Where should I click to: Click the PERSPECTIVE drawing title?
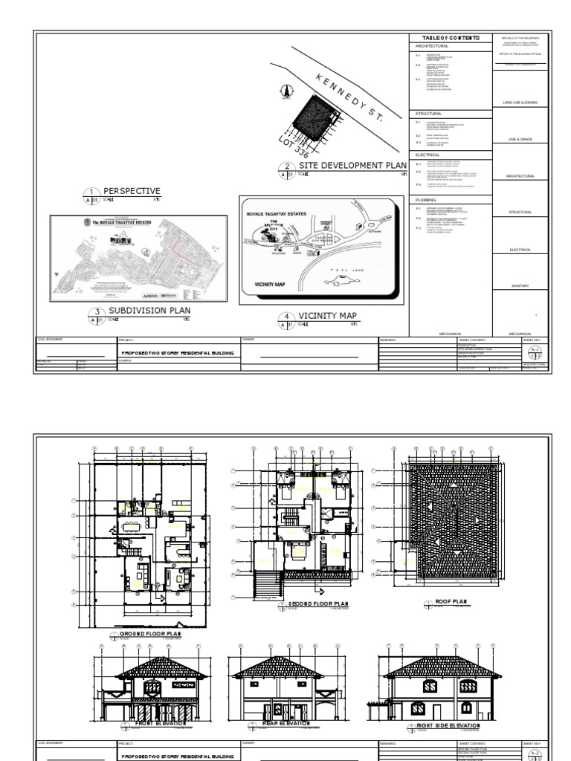[132, 191]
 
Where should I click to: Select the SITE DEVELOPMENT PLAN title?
[352, 166]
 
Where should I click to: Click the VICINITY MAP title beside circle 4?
[327, 316]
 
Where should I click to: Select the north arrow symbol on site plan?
[285, 91]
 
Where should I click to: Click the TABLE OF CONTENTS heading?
[451, 37]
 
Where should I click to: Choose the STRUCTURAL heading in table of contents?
[428, 114]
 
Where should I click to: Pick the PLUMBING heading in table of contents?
[426, 200]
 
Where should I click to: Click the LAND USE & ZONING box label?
[520, 103]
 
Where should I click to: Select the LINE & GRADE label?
[520, 139]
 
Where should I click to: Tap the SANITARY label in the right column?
[520, 286]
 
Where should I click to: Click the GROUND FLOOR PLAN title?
[151, 634]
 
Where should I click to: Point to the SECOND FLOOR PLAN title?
[317, 603]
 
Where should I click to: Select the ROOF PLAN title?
[456, 601]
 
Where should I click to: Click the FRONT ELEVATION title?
[155, 722]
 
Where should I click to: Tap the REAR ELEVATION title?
[286, 722]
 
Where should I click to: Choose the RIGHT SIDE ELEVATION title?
[448, 725]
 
